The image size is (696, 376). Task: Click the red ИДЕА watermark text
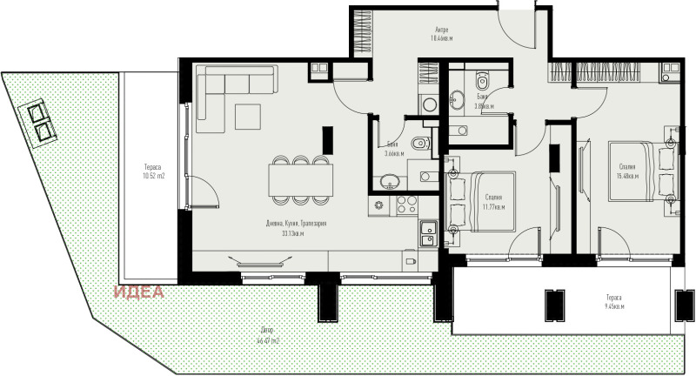pyautogui.click(x=139, y=292)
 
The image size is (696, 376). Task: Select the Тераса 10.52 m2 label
pyautogui.click(x=153, y=171)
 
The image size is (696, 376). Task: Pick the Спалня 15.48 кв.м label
pyautogui.click(x=627, y=171)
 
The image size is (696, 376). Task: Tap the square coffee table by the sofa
pyautogui.click(x=248, y=117)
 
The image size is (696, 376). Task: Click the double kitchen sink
pyautogui.click(x=428, y=235)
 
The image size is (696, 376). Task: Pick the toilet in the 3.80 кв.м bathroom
pyautogui.click(x=486, y=84)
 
